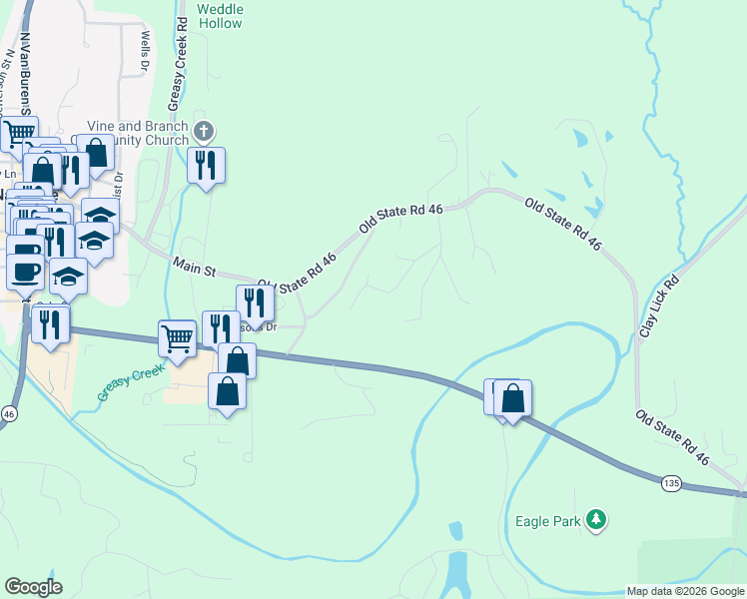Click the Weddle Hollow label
pyautogui.click(x=220, y=15)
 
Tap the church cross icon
pyautogui.click(x=204, y=131)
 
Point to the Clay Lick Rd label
pyautogui.click(x=658, y=299)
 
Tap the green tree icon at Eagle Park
pyautogui.click(x=596, y=518)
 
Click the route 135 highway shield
pyautogui.click(x=672, y=483)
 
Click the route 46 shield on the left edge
pyautogui.click(x=9, y=413)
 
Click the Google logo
pyautogui.click(x=34, y=587)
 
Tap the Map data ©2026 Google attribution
pyautogui.click(x=686, y=591)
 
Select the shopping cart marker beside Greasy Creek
pyautogui.click(x=177, y=338)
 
